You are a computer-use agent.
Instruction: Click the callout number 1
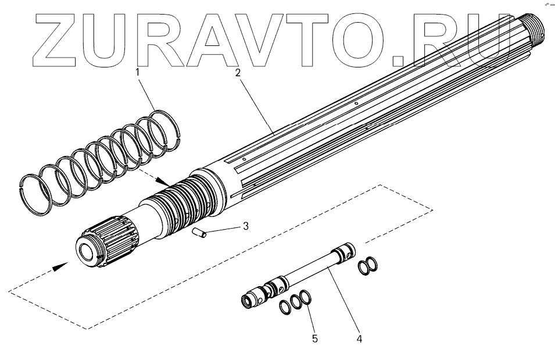click(x=138, y=73)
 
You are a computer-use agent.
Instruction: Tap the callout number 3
click(x=246, y=226)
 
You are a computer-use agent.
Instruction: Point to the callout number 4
click(x=359, y=337)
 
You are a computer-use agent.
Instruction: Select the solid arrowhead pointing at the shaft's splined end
click(x=61, y=266)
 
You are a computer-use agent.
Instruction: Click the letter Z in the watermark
click(x=62, y=37)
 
